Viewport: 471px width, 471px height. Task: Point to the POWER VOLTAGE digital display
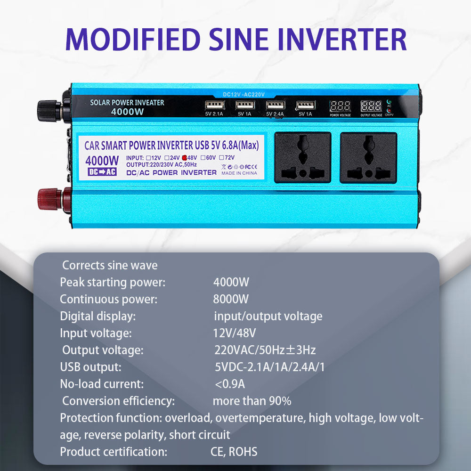point(340,106)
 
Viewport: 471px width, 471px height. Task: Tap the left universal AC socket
point(302,157)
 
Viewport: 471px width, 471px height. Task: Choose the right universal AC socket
point(368,157)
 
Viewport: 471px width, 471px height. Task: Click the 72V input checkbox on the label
point(222,158)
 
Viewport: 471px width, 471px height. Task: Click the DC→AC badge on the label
point(102,172)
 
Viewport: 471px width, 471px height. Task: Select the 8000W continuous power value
point(231,299)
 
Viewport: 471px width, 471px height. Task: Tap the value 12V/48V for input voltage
point(234,333)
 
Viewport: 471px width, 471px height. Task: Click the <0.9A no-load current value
point(230,384)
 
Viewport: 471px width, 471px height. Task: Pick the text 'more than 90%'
point(252,401)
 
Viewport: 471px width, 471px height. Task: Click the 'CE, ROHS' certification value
point(234,452)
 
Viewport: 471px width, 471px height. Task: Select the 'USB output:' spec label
point(90,367)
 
